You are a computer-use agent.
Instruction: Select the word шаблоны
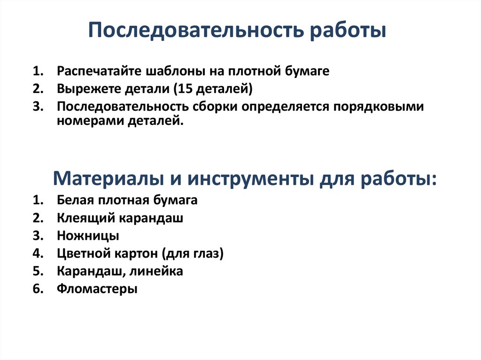(158, 72)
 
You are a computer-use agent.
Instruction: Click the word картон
(136, 254)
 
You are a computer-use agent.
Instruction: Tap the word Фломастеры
(97, 289)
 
